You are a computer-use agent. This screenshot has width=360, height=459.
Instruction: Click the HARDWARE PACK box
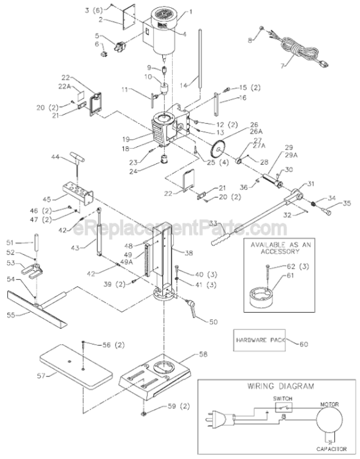(257, 340)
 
